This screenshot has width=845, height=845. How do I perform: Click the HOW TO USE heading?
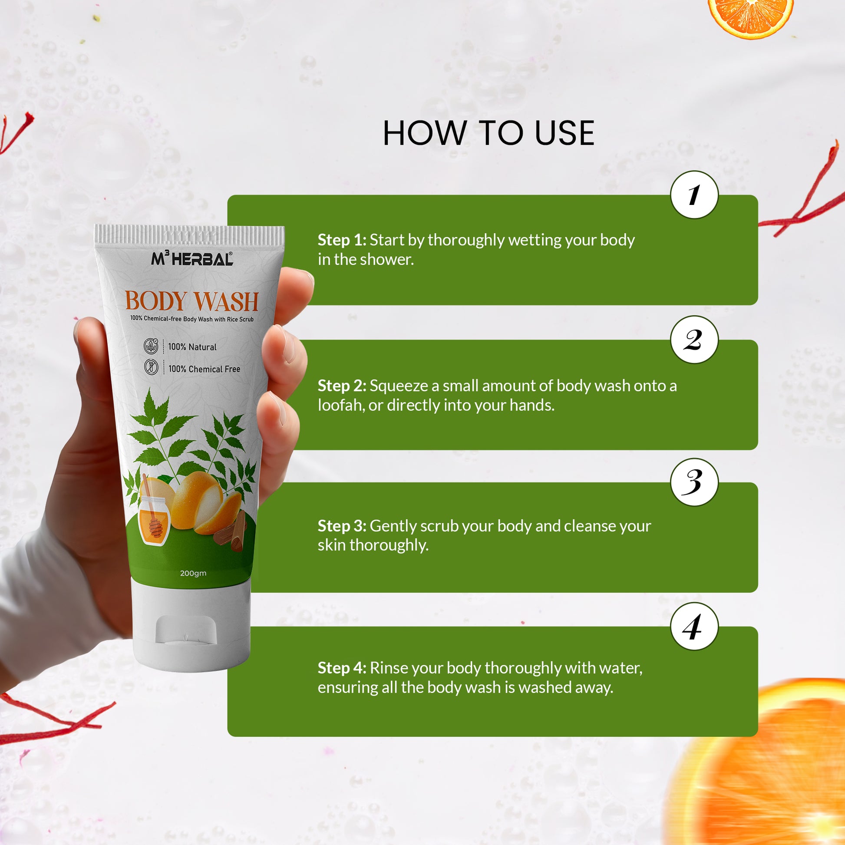(x=489, y=133)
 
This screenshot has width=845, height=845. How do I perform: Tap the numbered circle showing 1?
(x=694, y=195)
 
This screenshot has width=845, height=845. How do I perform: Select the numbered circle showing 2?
(x=694, y=340)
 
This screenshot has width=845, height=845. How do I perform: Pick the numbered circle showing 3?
(x=694, y=482)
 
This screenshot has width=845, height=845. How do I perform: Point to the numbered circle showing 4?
(x=694, y=626)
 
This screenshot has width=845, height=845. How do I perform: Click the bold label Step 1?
(x=342, y=240)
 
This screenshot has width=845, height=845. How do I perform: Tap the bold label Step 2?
(x=342, y=386)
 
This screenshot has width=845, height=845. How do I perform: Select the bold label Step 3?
(x=342, y=526)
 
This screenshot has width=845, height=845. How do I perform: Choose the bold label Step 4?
(x=342, y=668)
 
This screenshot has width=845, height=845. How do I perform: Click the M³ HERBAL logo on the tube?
(x=192, y=258)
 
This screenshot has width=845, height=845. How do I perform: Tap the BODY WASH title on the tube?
(x=191, y=301)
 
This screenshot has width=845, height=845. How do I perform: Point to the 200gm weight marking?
(x=193, y=573)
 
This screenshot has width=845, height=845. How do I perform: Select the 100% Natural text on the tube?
(x=192, y=347)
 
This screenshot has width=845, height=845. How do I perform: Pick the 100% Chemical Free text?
(x=204, y=369)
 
